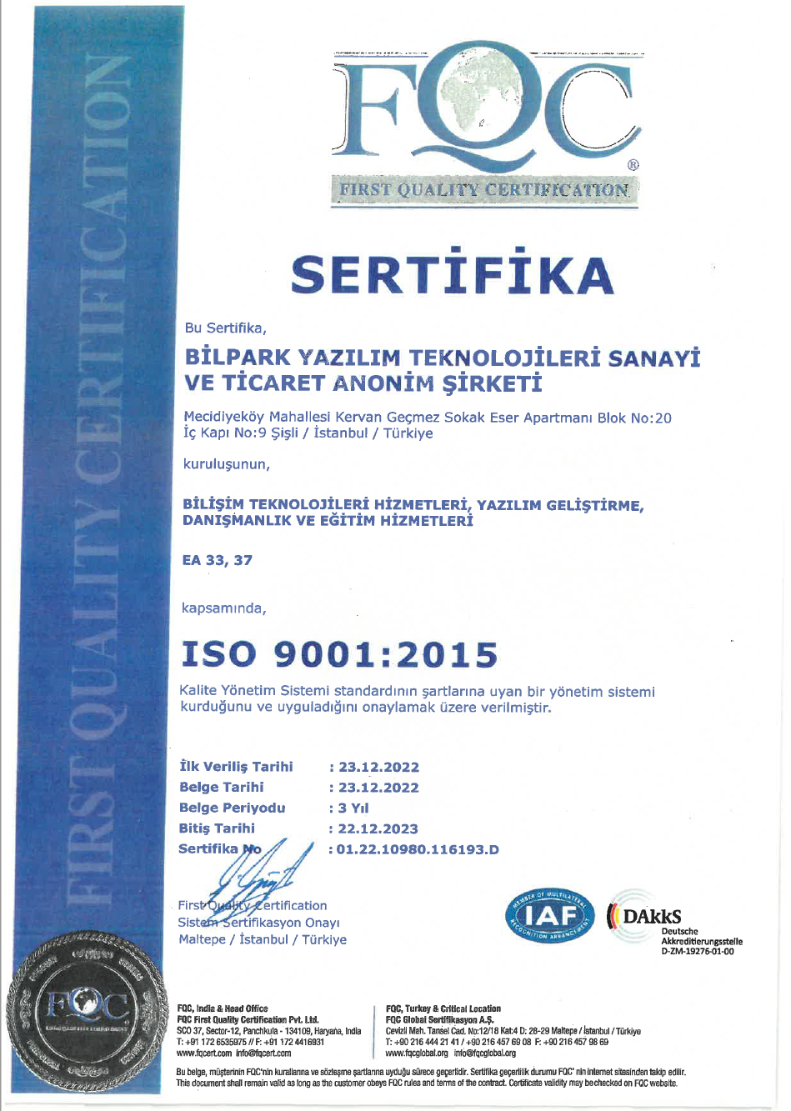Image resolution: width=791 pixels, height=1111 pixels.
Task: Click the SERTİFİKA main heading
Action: coord(453,273)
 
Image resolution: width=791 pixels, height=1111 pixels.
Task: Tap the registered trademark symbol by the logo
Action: coord(633,164)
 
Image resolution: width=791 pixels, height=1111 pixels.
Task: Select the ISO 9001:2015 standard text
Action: coord(339,654)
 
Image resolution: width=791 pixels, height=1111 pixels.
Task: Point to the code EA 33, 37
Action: coord(217,560)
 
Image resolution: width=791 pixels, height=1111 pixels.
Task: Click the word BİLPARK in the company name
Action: coord(238,358)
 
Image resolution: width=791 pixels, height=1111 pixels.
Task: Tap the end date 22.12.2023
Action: coord(378,828)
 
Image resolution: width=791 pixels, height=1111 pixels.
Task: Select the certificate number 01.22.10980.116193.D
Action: coord(418,849)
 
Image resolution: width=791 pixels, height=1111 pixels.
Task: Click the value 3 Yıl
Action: coord(353,808)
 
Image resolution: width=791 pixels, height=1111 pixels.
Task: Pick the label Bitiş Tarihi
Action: coord(217,828)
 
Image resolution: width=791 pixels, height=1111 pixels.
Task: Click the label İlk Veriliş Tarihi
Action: coord(236,766)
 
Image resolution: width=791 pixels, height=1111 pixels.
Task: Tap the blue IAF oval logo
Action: coord(549,916)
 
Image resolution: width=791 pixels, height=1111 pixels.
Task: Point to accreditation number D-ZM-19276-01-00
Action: coord(698,951)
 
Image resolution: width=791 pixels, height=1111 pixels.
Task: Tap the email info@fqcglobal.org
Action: coord(485,1053)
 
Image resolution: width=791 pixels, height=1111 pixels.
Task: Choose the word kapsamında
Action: coord(223,608)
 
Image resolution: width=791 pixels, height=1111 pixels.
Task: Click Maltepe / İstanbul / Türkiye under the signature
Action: coord(263,939)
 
